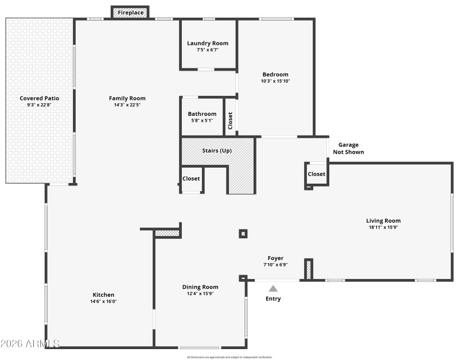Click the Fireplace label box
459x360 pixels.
(x=130, y=12)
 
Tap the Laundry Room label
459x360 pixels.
(x=208, y=43)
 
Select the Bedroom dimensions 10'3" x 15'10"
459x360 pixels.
(x=275, y=81)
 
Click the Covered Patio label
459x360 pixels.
(x=39, y=98)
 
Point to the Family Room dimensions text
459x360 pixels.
(x=127, y=105)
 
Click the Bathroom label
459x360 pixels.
(x=203, y=114)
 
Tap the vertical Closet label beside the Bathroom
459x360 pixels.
(x=230, y=120)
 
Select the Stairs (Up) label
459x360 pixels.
(x=217, y=150)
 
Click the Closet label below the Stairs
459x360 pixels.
(x=191, y=179)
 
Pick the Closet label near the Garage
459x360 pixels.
(x=316, y=174)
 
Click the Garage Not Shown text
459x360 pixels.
(x=348, y=149)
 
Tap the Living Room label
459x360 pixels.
(x=383, y=220)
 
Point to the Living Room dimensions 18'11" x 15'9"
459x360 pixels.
(x=383, y=227)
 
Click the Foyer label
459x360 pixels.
(x=275, y=258)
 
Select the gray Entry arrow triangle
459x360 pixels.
(x=274, y=289)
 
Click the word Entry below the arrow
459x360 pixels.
(x=273, y=299)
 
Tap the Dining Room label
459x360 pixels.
(x=200, y=287)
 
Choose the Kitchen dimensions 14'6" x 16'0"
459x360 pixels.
(x=104, y=301)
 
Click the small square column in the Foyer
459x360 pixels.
(x=243, y=233)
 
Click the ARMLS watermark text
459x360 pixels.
(x=30, y=344)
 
